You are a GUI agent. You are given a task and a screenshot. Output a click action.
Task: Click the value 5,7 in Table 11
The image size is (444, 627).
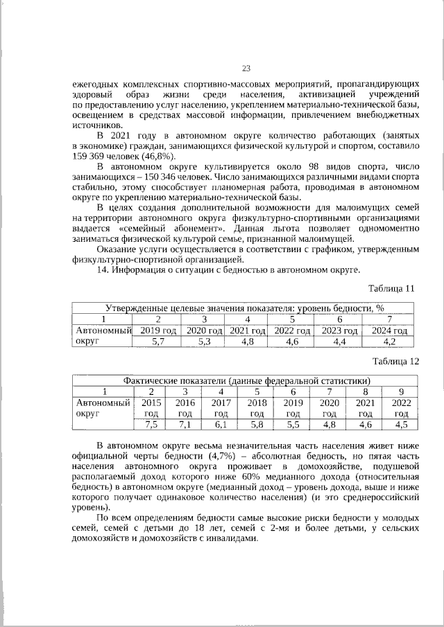click(x=157, y=342)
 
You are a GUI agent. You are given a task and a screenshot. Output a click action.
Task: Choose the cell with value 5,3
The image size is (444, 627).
click(x=204, y=342)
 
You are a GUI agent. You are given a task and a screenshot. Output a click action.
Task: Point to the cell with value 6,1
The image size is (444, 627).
click(x=221, y=425)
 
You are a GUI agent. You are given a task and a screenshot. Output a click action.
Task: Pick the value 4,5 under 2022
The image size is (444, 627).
click(x=401, y=425)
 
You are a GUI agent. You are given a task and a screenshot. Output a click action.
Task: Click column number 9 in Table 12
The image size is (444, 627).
click(x=401, y=391)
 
